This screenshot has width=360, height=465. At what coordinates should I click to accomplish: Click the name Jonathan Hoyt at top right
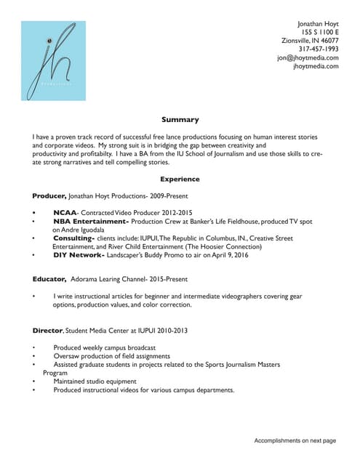tap(313, 24)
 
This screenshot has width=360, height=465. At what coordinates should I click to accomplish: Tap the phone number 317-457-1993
tap(319, 49)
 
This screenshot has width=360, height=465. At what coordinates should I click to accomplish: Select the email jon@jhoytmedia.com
tap(308, 58)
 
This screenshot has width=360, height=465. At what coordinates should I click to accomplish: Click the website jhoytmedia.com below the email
tap(316, 66)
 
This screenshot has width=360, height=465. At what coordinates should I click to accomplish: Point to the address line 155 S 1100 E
tap(320, 33)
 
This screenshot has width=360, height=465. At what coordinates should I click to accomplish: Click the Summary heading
tap(180, 120)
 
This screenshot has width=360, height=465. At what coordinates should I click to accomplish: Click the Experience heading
tap(180, 179)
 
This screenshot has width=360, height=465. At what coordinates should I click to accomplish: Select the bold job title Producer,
tap(49, 196)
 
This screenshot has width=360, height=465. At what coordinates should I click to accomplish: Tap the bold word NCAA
tap(65, 213)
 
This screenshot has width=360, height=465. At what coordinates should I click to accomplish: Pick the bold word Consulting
tap(73, 238)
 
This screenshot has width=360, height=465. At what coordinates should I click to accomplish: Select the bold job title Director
tap(48, 331)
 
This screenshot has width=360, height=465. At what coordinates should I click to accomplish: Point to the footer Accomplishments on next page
tap(295, 441)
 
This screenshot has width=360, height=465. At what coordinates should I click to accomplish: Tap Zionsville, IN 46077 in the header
tap(310, 41)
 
